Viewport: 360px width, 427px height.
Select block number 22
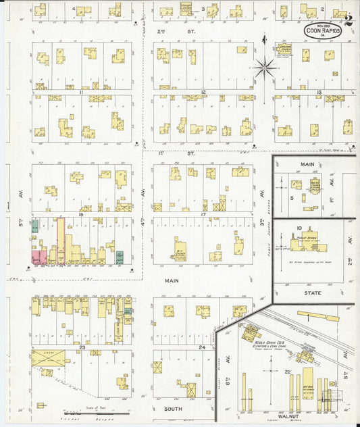[288, 372]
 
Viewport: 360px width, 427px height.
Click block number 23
[82, 347]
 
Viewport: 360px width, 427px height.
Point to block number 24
[202, 347]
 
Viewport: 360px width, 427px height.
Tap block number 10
[298, 228]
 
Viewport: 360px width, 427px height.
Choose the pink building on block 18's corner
[39, 257]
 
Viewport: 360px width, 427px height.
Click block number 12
[202, 91]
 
